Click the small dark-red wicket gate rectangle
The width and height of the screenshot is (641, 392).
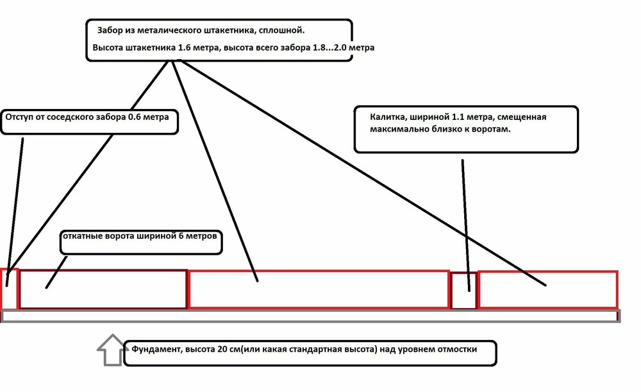click(x=463, y=291)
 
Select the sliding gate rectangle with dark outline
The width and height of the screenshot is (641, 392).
click(x=103, y=289)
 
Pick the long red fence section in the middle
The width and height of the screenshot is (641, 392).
click(x=319, y=289)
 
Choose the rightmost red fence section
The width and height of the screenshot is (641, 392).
click(x=548, y=289)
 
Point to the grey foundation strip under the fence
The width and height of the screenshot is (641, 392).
click(x=311, y=316)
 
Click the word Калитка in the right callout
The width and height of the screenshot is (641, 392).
click(x=386, y=118)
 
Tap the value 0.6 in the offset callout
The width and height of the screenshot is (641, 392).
click(x=137, y=118)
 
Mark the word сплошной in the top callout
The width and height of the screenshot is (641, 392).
click(x=282, y=30)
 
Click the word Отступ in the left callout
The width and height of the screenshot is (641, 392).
click(x=21, y=118)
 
